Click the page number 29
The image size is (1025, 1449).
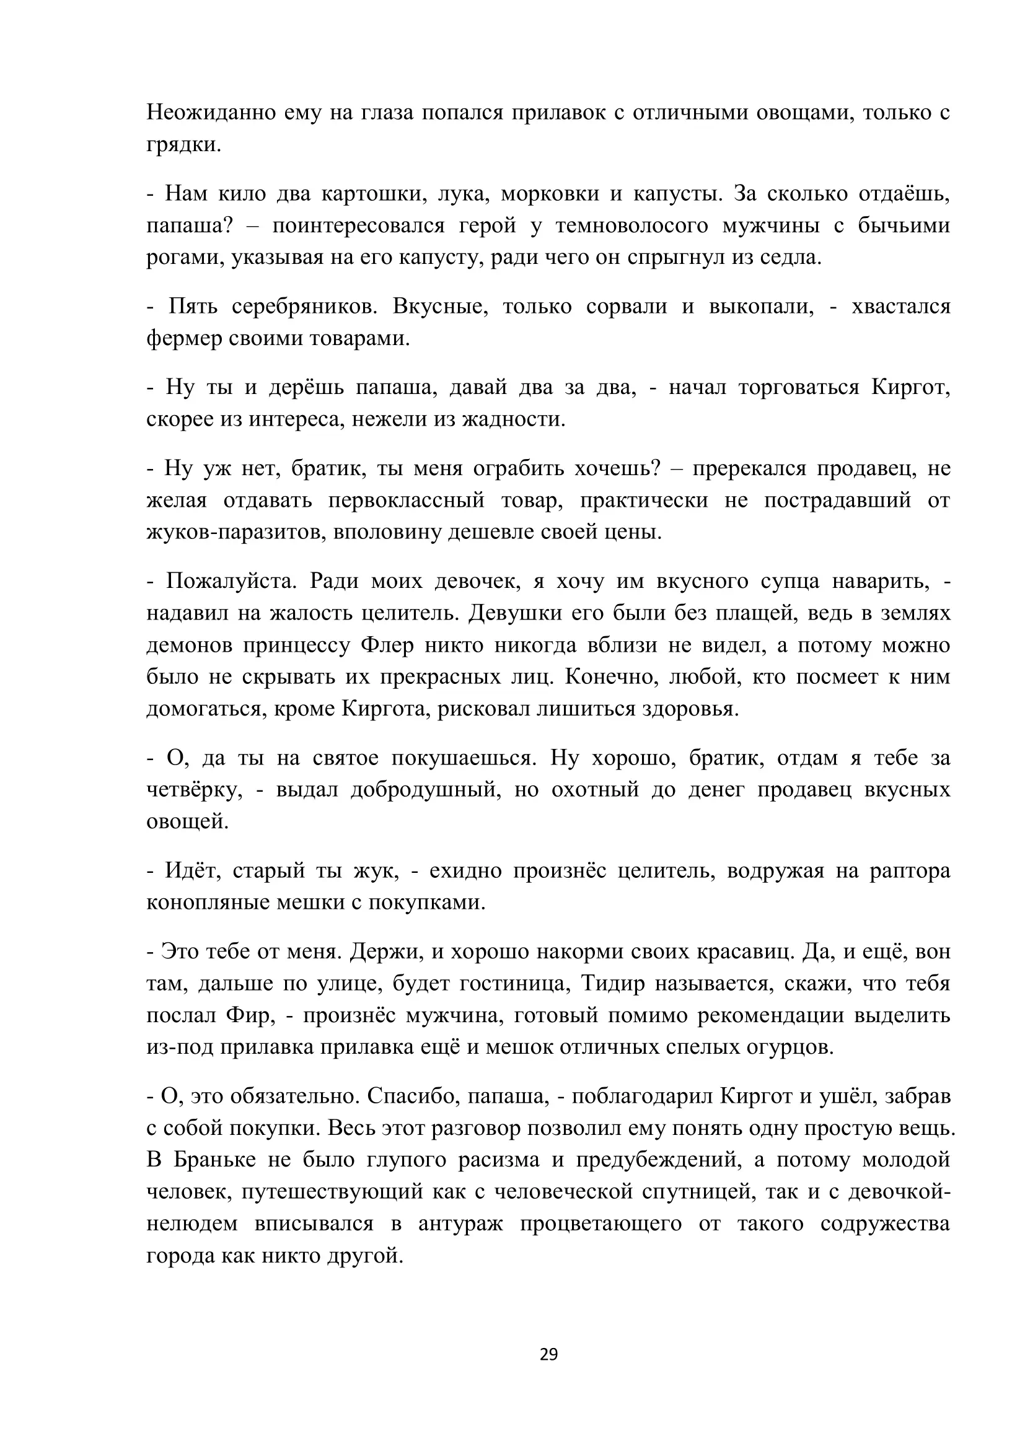point(548,1355)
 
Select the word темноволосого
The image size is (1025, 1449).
point(631,225)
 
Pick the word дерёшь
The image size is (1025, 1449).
point(306,387)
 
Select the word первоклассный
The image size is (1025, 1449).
point(407,501)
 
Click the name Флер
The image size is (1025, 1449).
point(387,645)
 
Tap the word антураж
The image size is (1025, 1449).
point(460,1224)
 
